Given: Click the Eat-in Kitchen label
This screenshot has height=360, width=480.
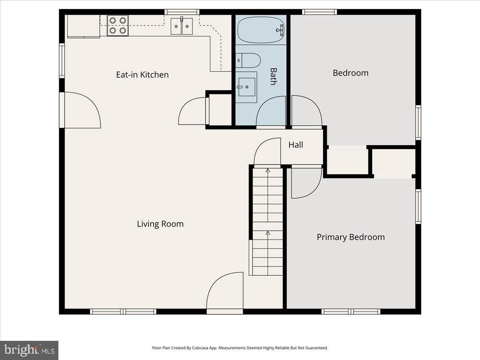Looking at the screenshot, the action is [142, 75].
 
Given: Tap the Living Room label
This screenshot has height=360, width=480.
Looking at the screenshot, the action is [160, 224].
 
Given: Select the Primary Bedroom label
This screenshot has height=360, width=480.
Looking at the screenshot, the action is [351, 237].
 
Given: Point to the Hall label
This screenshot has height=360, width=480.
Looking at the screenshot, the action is [296, 145].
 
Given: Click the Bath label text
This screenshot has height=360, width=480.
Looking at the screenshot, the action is [274, 76].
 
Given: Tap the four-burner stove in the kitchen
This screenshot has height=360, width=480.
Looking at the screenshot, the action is [118, 26].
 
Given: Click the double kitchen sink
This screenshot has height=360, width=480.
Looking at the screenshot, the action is [182, 26].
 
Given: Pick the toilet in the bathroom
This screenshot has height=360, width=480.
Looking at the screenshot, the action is [248, 60].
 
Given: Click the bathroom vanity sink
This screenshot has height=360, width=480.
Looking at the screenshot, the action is [247, 87].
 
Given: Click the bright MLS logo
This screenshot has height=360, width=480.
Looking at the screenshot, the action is [29, 350].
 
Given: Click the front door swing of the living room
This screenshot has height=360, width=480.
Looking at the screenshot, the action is [225, 290].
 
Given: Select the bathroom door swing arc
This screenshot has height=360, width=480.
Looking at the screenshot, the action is [271, 111].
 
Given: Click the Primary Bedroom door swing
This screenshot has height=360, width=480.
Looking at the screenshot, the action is [306, 183].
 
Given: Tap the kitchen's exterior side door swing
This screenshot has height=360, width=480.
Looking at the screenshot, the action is [83, 110].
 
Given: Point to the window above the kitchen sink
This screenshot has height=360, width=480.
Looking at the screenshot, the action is [182, 12].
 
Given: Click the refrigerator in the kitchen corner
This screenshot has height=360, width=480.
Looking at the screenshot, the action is [84, 26].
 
